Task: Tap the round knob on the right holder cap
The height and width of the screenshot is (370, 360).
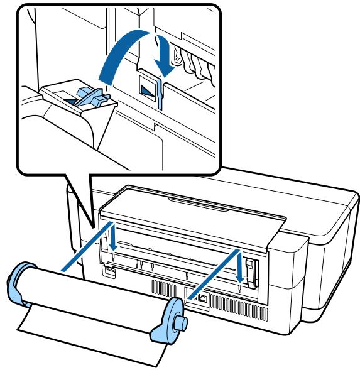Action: point(184,321)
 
